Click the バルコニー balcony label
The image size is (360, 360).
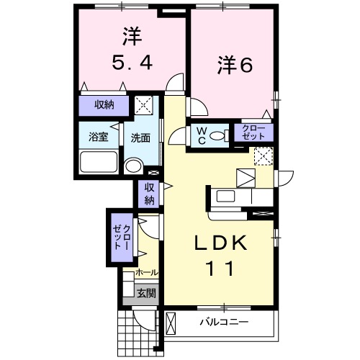coord(224,322)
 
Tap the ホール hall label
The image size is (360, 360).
coord(147,273)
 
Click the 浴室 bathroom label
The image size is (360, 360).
coord(99,138)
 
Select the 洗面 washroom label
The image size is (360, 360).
coord(140,138)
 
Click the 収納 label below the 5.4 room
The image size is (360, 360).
coord(104,105)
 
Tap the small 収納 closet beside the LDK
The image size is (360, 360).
coord(149,194)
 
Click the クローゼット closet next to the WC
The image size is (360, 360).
coord(253,132)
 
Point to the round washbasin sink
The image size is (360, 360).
coord(134,166)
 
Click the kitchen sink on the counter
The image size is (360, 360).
coord(223,196)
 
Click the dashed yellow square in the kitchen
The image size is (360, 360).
coord(264,156)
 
